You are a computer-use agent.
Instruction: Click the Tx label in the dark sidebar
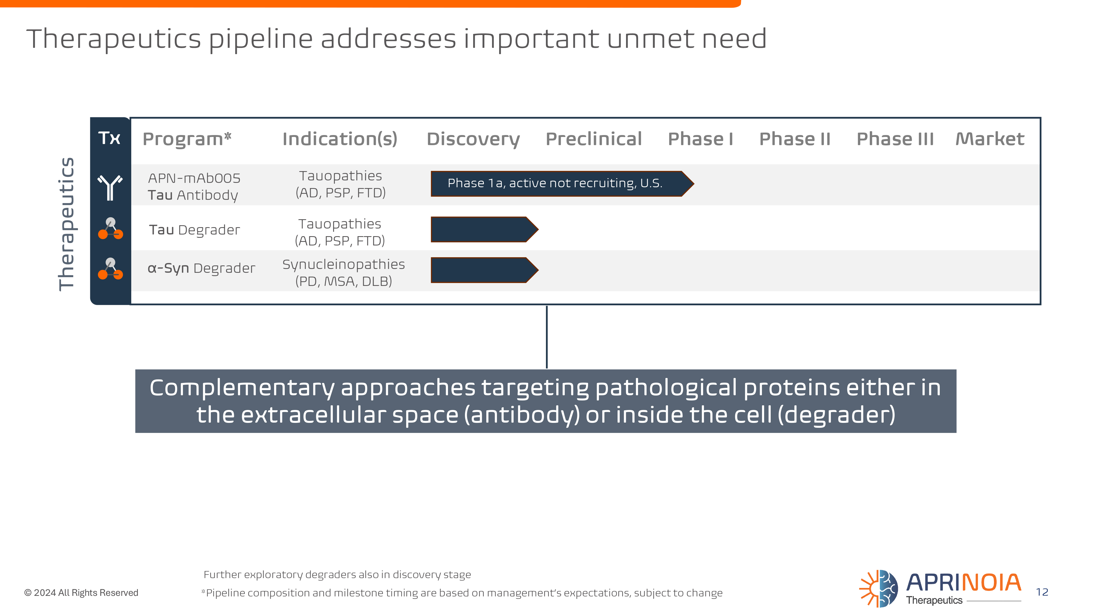tap(110, 138)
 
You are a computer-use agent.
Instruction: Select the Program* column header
tap(187, 139)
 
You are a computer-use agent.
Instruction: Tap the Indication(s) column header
tap(340, 139)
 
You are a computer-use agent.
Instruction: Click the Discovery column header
tap(473, 139)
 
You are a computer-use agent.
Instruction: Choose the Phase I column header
tap(701, 139)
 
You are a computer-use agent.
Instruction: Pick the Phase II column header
tap(795, 139)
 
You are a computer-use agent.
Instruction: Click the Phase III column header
tap(895, 139)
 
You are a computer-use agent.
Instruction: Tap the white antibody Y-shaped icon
tap(110, 187)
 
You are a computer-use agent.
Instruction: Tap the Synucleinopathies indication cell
tap(344, 273)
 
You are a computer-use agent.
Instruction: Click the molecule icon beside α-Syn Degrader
tap(110, 269)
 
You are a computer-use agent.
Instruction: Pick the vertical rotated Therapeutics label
tap(67, 224)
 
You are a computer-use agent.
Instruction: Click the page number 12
tap(1042, 592)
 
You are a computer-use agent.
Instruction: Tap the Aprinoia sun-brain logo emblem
tap(878, 589)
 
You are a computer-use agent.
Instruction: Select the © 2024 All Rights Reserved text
tap(81, 593)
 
